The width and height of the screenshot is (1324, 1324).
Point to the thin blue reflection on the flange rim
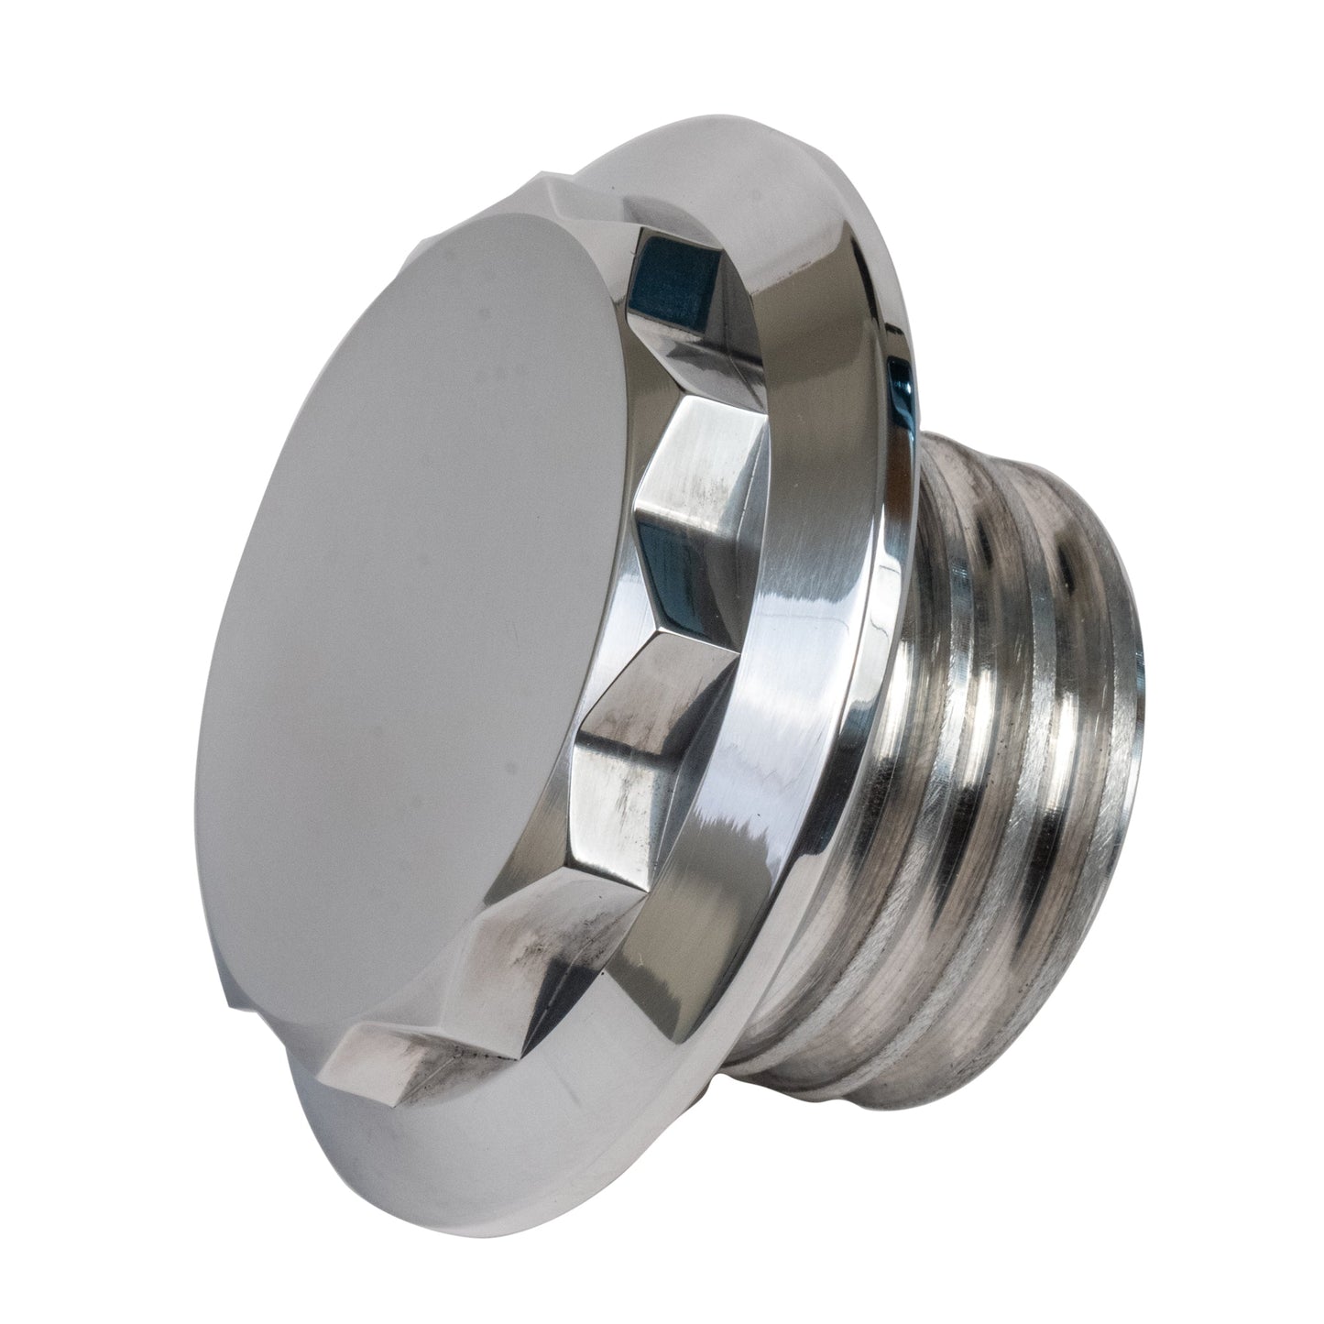tap(903, 403)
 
